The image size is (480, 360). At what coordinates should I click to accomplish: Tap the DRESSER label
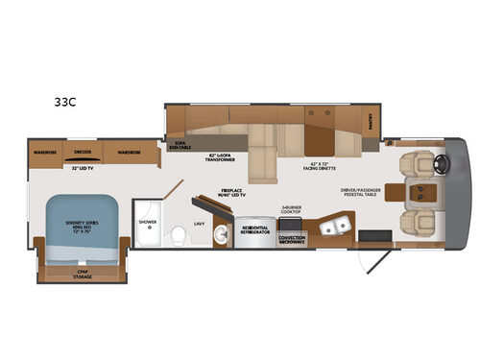[x=84, y=152]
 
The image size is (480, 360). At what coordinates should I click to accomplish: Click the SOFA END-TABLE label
[x=180, y=144]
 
